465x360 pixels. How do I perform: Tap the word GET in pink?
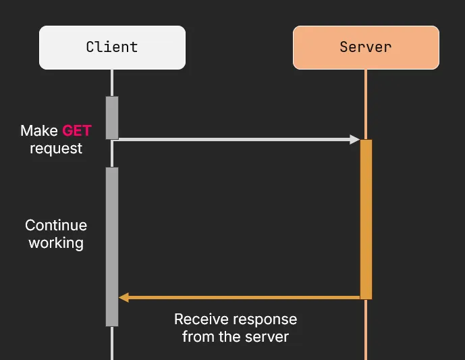click(x=76, y=130)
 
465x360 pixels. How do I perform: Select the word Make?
click(x=39, y=130)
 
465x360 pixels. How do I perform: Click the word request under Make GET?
click(x=56, y=148)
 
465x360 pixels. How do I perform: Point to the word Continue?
click(x=56, y=225)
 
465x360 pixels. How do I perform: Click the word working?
click(x=56, y=242)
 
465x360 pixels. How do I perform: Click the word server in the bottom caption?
click(x=269, y=336)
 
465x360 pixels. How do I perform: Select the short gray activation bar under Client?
click(x=112, y=118)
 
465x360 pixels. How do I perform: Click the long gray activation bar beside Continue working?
click(x=112, y=247)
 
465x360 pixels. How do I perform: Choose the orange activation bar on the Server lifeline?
click(x=366, y=219)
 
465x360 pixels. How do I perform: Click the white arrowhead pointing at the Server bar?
click(x=354, y=139)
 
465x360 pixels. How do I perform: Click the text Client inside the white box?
click(x=112, y=47)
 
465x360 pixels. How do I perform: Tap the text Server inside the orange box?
click(x=366, y=47)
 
